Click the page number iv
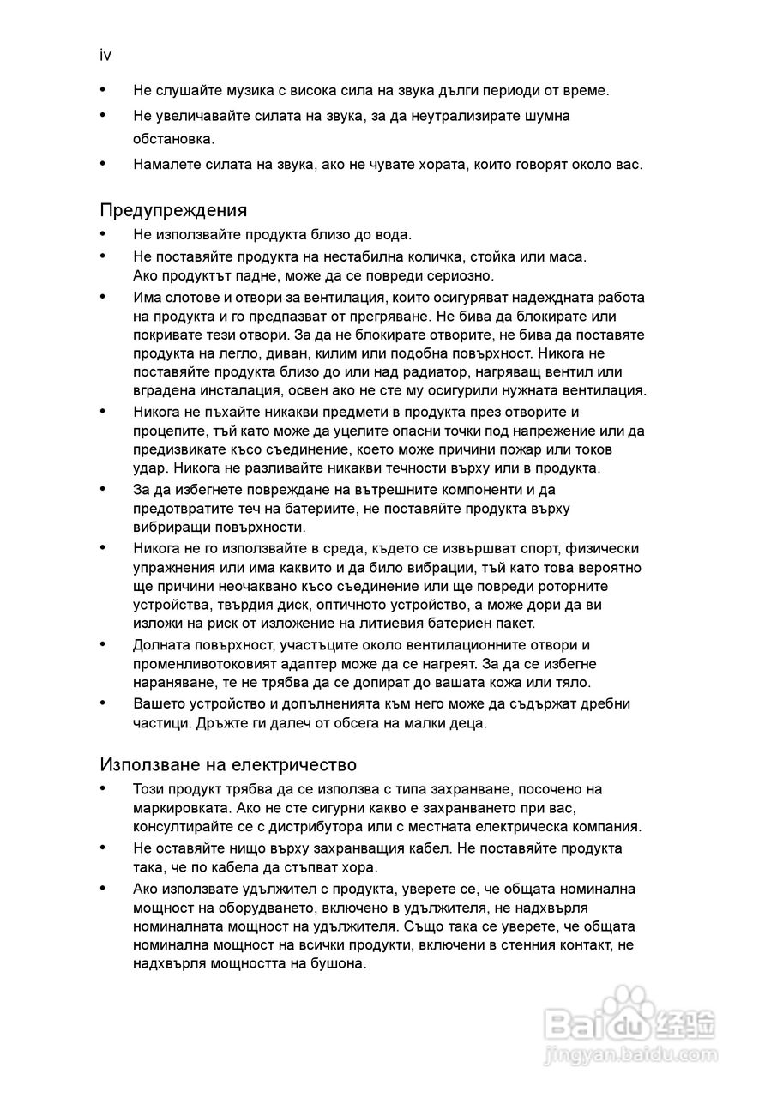(105, 56)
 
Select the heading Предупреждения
(173, 210)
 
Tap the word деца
(468, 722)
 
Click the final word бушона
(340, 962)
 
